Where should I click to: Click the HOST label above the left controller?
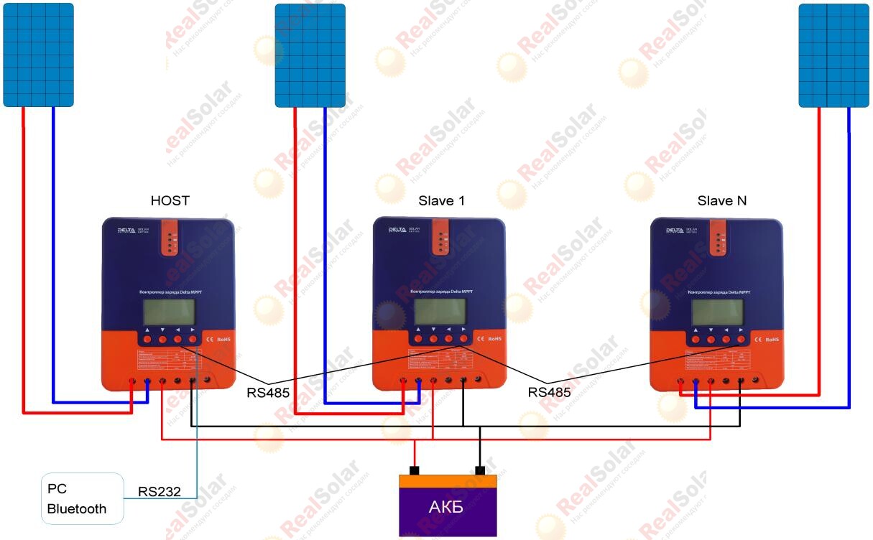click(170, 200)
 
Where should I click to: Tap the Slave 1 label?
click(441, 200)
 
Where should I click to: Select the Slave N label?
click(721, 200)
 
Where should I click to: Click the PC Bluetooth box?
click(83, 498)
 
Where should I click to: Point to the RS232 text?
click(158, 492)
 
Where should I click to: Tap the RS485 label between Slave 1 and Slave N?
click(549, 392)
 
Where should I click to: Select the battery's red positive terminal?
click(414, 471)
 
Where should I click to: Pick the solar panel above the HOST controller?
click(38, 55)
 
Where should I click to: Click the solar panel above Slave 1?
click(310, 55)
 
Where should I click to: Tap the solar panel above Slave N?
click(833, 55)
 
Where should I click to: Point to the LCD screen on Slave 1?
click(440, 312)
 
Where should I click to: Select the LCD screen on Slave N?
click(717, 312)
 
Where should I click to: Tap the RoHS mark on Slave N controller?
click(772, 339)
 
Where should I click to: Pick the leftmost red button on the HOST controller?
click(147, 339)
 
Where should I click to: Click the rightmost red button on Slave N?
click(742, 339)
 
